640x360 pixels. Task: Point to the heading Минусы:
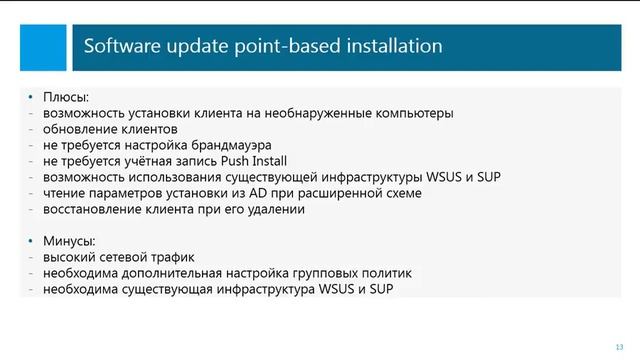70,242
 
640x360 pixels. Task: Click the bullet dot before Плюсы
33,98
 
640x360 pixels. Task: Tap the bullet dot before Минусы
33,242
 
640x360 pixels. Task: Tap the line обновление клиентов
110,129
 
